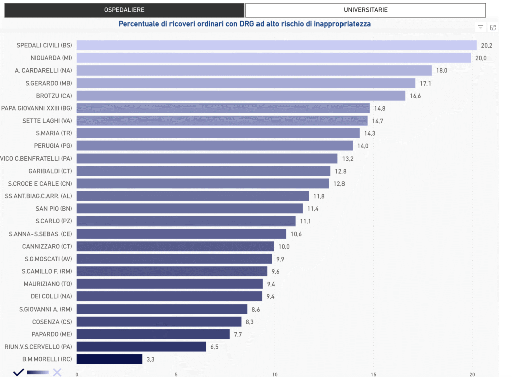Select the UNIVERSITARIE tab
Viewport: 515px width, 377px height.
[x=365, y=10]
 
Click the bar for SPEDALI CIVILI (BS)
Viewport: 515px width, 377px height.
[x=277, y=45]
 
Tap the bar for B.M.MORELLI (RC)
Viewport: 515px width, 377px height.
[x=110, y=359]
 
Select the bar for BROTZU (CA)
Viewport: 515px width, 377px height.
[x=241, y=96]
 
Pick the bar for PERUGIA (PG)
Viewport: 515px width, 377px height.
[x=215, y=146]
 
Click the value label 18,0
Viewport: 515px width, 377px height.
[x=442, y=70]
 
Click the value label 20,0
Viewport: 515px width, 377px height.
[x=481, y=58]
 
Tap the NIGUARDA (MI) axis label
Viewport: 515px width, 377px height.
[x=51, y=58]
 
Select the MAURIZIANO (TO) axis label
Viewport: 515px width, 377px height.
[x=48, y=284]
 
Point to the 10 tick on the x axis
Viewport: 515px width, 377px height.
[x=275, y=374]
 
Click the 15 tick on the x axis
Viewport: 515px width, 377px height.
[x=373, y=374]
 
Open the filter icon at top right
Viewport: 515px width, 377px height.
[x=480, y=28]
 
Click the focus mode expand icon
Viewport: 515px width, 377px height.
[x=493, y=28]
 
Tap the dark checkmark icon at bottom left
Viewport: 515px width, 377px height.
[x=19, y=372]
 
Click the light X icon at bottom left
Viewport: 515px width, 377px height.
[x=57, y=372]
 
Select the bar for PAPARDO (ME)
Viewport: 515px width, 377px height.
[x=153, y=334]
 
